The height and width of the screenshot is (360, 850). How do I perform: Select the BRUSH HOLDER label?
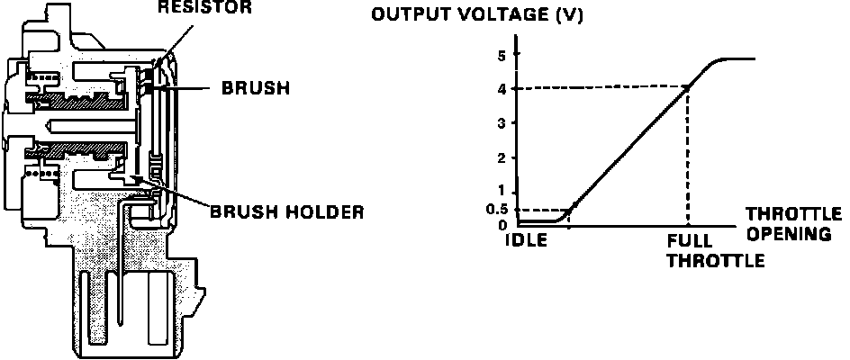tap(286, 212)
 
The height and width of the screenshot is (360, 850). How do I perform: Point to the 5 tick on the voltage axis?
tap(500, 54)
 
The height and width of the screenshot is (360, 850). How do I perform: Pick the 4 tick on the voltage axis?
tap(500, 88)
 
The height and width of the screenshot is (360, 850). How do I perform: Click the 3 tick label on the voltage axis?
tap(500, 122)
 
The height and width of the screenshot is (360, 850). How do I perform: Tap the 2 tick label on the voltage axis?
tap(500, 157)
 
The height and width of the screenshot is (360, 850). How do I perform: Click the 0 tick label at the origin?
tap(500, 225)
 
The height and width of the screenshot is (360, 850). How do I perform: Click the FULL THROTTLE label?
tap(716, 252)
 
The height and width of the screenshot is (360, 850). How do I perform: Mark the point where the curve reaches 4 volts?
tap(689, 87)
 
